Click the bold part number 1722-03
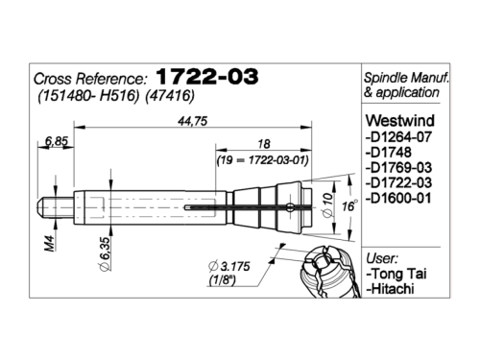click(207, 77)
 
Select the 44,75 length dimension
click(193, 121)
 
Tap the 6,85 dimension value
click(57, 141)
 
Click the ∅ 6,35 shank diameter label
click(105, 253)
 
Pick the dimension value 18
click(264, 144)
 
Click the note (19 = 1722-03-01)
click(263, 160)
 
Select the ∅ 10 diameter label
click(327, 205)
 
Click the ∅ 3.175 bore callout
click(228, 266)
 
